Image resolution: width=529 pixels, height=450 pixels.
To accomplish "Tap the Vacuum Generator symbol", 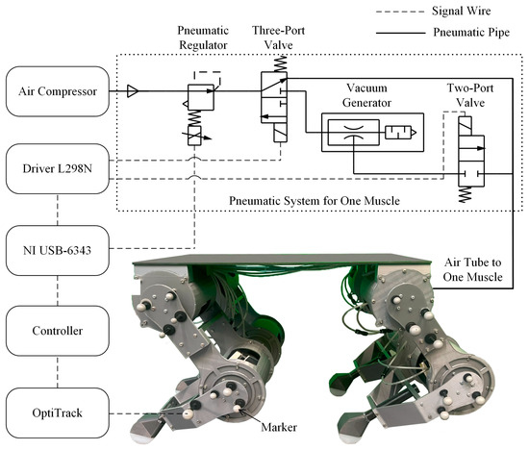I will pos(349,132).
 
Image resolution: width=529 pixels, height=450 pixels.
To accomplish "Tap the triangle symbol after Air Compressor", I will pos(135,92).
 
